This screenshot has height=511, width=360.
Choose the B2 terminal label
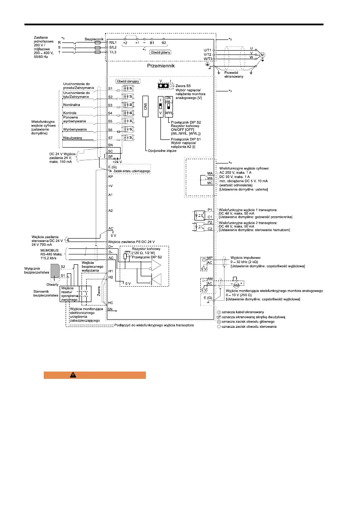163,43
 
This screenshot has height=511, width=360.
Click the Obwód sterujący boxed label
127,80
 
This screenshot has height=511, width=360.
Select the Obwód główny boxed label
160,52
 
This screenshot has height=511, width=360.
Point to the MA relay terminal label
210,172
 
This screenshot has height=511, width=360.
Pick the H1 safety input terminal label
110,271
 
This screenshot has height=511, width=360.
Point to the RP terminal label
110,176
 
